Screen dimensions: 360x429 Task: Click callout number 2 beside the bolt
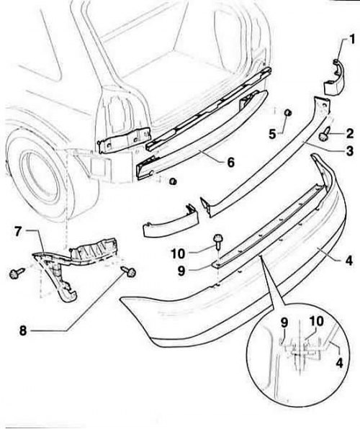click(x=349, y=134)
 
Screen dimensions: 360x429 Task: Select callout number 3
click(x=350, y=151)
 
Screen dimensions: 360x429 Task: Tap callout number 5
click(x=272, y=134)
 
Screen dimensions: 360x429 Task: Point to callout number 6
click(x=231, y=162)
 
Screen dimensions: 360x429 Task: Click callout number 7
click(x=18, y=232)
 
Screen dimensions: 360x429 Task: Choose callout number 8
click(x=23, y=331)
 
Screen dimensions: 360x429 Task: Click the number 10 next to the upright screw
click(x=178, y=254)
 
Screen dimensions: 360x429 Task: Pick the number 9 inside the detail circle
click(x=284, y=322)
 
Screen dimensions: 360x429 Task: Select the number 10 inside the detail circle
click(x=316, y=322)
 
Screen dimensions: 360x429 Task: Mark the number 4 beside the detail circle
click(x=339, y=363)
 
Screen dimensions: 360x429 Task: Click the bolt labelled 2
click(x=325, y=136)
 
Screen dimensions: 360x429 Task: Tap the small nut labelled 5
click(x=287, y=112)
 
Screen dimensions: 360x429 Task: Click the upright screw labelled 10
click(x=218, y=241)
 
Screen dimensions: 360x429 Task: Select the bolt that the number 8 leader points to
click(x=130, y=271)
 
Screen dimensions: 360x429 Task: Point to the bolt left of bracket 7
click(x=17, y=273)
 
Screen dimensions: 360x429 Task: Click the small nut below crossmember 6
click(x=173, y=181)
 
